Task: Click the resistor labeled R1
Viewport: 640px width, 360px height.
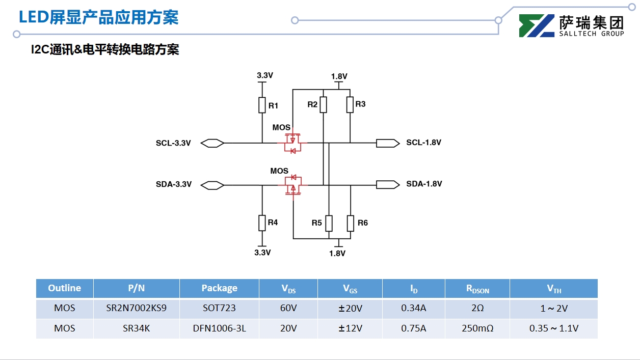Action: (x=262, y=105)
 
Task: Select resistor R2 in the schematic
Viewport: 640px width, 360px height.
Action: (x=323, y=104)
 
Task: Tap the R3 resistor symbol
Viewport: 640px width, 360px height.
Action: (x=350, y=104)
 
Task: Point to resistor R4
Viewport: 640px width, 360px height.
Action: (x=262, y=223)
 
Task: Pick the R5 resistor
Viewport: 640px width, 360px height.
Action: (x=329, y=223)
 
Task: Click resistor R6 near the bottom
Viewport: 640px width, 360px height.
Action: (x=351, y=223)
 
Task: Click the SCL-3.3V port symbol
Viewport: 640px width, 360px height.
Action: (x=212, y=143)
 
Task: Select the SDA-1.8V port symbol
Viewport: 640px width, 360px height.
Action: (x=387, y=184)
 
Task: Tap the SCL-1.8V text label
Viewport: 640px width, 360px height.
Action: (x=423, y=143)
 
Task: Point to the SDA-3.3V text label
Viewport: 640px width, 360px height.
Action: (x=174, y=184)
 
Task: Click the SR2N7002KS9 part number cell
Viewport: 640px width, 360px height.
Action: (x=136, y=309)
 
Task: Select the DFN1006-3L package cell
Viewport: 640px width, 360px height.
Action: (x=219, y=328)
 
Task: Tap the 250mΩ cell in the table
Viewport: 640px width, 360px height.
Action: (x=477, y=328)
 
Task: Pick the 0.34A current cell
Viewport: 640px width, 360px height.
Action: (x=413, y=309)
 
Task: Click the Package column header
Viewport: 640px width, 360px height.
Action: (x=219, y=288)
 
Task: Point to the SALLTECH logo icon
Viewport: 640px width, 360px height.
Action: (x=536, y=26)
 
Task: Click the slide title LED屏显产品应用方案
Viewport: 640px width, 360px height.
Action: (x=98, y=17)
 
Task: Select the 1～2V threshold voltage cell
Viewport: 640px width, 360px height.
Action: (x=553, y=309)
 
